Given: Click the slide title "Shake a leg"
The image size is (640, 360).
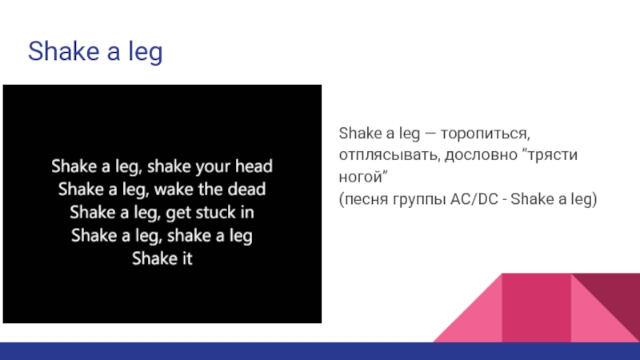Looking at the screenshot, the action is [x=95, y=51].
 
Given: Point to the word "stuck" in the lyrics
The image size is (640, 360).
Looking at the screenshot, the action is [x=215, y=212].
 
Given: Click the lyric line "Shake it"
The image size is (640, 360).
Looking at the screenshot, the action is [x=162, y=258].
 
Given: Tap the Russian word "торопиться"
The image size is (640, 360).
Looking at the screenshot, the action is [x=486, y=134].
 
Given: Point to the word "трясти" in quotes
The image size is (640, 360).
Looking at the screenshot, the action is [x=553, y=155].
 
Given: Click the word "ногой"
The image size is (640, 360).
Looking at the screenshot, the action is [x=359, y=178].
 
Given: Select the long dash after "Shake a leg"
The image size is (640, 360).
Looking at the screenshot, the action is [x=430, y=134].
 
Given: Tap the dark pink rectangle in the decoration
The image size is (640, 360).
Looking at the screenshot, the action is [x=536, y=308].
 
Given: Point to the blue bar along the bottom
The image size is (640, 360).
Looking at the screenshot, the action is [x=320, y=351].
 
